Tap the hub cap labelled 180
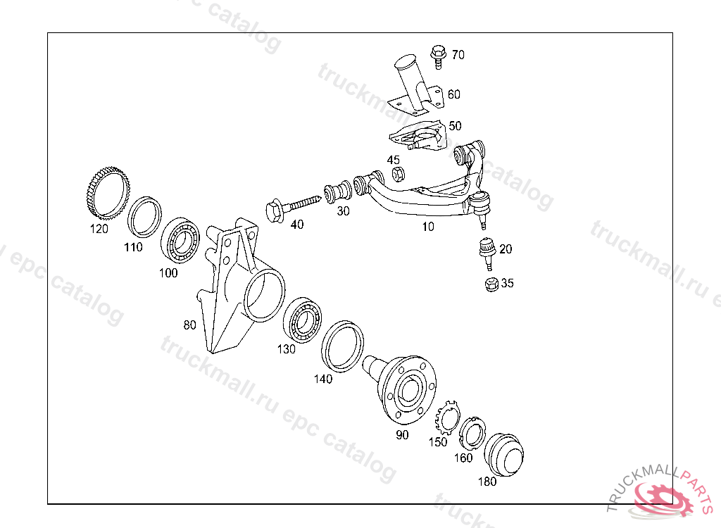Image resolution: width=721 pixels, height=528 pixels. point(504,454)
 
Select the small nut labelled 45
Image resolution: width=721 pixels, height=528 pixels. point(399,174)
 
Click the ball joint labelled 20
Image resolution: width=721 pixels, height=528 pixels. point(487,253)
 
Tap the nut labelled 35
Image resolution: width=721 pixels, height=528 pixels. point(492,284)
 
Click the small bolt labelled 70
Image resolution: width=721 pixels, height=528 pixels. point(439,56)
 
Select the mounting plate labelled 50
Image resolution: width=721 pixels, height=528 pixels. point(418,135)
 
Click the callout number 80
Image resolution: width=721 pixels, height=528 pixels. point(189,325)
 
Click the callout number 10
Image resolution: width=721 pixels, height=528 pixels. point(428,226)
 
